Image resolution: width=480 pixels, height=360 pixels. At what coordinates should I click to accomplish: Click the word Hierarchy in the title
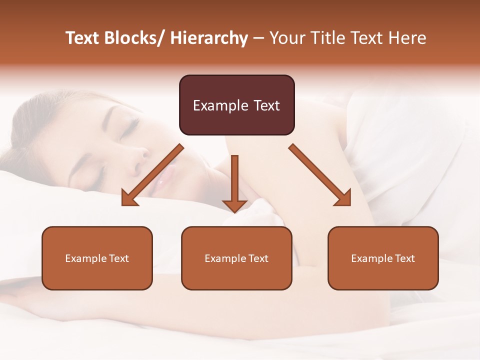click(x=209, y=38)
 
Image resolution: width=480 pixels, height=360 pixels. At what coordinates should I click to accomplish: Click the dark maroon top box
click(x=236, y=105)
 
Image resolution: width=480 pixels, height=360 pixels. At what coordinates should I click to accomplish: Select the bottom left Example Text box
click(x=97, y=258)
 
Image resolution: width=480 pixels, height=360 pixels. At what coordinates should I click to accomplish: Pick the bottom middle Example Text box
click(x=236, y=258)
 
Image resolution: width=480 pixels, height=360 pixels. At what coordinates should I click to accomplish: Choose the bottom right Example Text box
click(x=383, y=258)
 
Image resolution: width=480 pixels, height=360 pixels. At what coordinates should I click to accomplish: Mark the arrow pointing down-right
click(x=320, y=175)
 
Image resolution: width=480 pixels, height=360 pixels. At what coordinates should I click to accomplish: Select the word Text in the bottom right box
click(x=404, y=258)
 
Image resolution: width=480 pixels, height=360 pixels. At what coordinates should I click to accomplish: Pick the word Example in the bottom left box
click(x=85, y=258)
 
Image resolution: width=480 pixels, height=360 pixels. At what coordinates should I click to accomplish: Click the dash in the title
click(x=258, y=39)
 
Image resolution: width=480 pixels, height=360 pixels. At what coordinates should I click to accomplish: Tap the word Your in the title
click(x=286, y=38)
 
